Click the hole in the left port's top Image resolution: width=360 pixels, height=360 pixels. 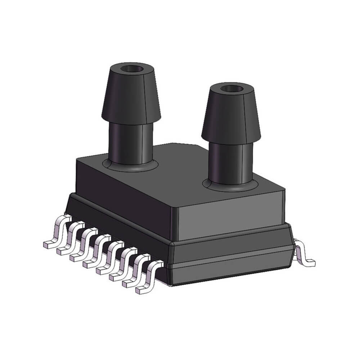tap(130, 68)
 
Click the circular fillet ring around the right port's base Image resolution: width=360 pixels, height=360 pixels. tap(208, 186)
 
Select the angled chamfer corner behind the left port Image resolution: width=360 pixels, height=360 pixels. tap(202, 148)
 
